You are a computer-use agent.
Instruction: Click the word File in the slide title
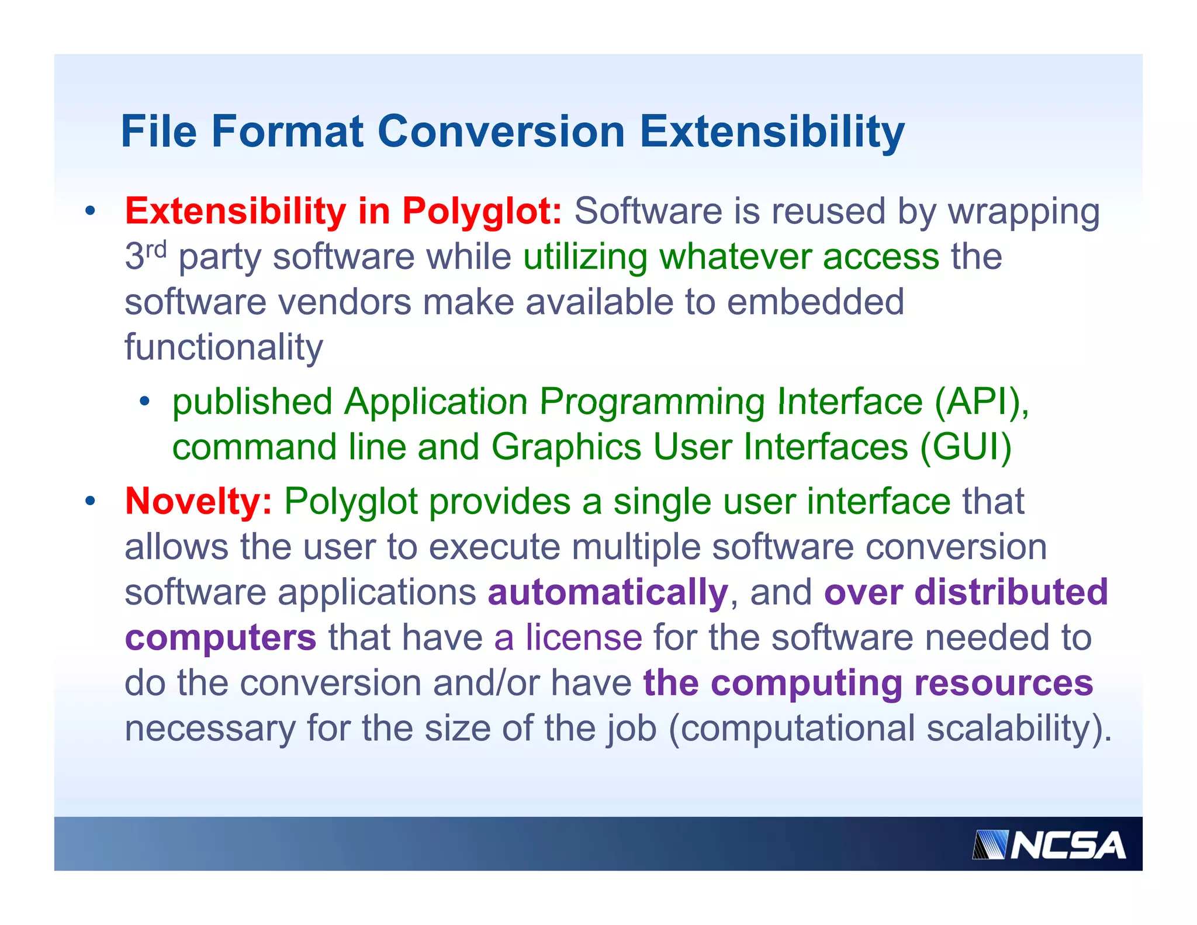[x=158, y=132]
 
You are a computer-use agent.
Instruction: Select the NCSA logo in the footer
[x=1049, y=845]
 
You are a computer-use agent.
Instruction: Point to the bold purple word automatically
[x=608, y=592]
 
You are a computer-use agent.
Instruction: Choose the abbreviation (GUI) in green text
[x=966, y=447]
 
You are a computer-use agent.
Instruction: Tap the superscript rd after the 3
[x=156, y=250]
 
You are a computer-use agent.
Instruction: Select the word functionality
[x=224, y=347]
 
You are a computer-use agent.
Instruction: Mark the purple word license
[x=584, y=637]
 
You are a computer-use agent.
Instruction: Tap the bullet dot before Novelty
[x=89, y=502]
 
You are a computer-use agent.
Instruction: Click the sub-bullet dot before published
[x=144, y=402]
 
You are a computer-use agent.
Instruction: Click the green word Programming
[x=652, y=402]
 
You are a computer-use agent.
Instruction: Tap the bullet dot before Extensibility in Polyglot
[x=89, y=211]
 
